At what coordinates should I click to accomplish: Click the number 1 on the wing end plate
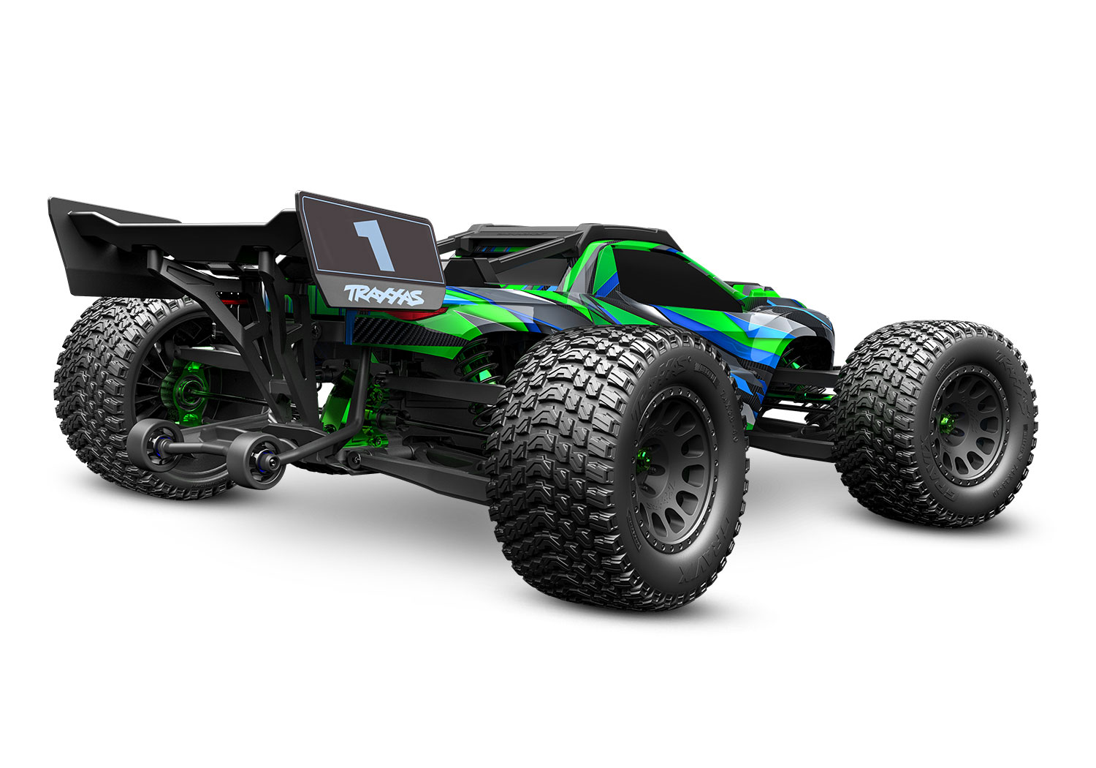click(373, 244)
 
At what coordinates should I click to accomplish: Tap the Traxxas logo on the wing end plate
click(384, 295)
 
